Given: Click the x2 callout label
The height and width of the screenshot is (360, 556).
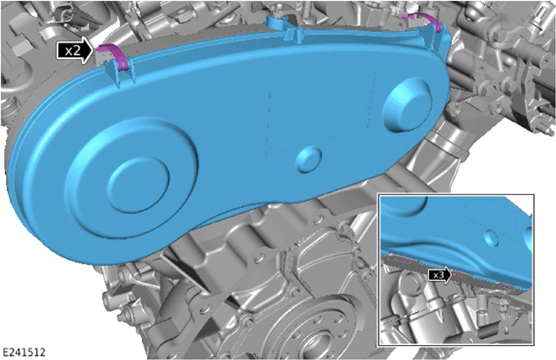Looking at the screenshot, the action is point(74,50).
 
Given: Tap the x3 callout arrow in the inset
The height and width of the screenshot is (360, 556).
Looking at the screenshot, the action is point(440,275).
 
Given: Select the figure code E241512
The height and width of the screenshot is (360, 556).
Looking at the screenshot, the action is point(23,352).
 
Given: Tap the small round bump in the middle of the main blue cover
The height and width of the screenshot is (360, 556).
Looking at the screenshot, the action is point(309,159).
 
